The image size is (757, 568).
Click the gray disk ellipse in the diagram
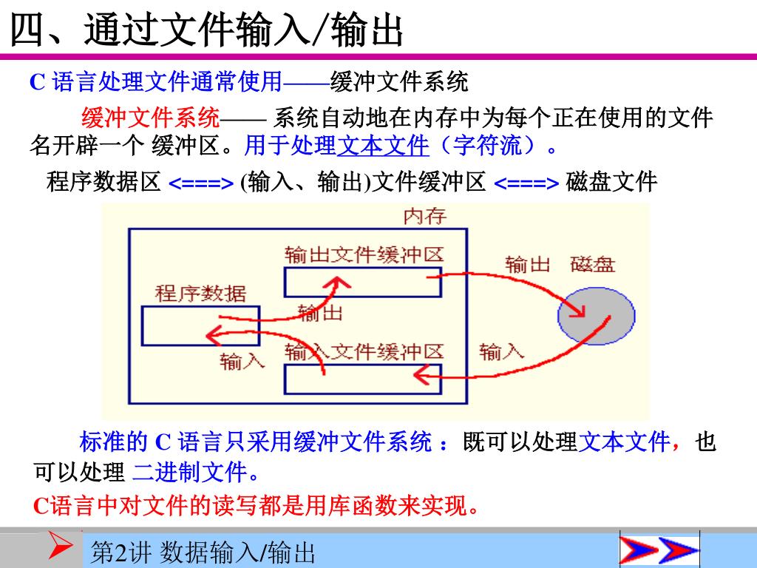pyautogui.click(x=596, y=316)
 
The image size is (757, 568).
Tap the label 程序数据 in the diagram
pyautogui.click(x=200, y=294)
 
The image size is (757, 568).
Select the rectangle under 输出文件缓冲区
pyautogui.click(x=362, y=282)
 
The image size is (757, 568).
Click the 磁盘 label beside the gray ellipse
pyautogui.click(x=593, y=264)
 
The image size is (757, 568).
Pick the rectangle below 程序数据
pyautogui.click(x=200, y=325)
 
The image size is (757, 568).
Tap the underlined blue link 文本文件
pyautogui.click(x=383, y=146)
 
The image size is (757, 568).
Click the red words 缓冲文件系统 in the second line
pyautogui.click(x=150, y=118)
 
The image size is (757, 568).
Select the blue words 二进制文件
pyautogui.click(x=189, y=471)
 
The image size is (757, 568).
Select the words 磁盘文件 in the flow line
pyautogui.click(x=611, y=181)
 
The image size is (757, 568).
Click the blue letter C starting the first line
pyautogui.click(x=37, y=81)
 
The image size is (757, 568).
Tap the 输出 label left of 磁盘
pyautogui.click(x=527, y=264)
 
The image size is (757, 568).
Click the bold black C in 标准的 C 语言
pyautogui.click(x=162, y=442)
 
